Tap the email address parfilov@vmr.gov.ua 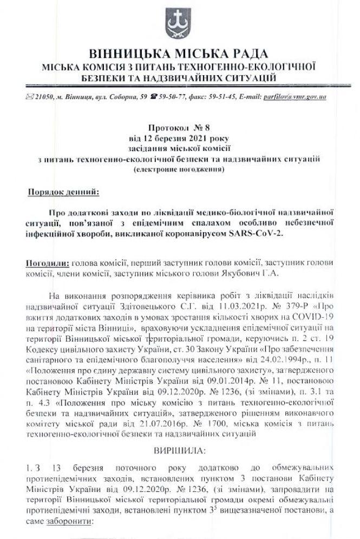pos(297,97)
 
